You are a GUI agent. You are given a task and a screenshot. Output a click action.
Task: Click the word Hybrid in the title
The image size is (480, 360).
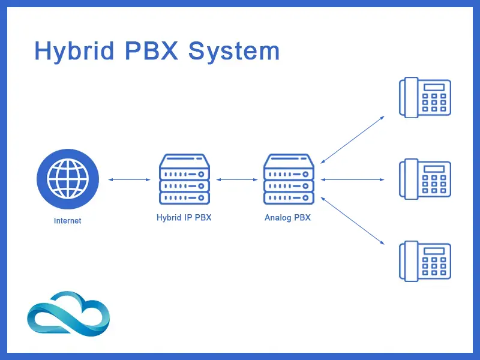point(74,52)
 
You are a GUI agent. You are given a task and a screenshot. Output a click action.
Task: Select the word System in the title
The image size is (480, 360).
point(234,52)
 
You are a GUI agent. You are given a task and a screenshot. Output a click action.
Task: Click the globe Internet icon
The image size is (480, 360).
point(67,179)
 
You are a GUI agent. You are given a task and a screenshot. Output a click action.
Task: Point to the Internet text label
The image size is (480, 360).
point(67,221)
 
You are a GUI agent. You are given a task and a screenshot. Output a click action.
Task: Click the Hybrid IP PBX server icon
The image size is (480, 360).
point(184,179)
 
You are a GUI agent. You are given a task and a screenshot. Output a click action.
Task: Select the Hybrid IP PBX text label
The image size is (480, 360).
point(184,218)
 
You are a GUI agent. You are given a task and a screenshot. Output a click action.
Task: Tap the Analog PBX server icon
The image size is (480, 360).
point(289,179)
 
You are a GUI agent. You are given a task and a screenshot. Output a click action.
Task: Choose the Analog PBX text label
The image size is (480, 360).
point(288,218)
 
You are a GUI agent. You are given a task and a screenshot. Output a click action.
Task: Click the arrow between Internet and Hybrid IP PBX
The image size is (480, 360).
point(130,179)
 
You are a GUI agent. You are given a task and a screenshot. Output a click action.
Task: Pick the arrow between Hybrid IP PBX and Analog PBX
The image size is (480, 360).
point(236,179)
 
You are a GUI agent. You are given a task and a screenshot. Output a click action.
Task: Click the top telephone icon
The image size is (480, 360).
point(425,97)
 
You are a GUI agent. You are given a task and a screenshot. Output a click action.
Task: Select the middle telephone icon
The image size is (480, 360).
point(425,178)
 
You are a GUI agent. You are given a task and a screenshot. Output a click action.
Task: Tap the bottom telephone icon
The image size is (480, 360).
point(425,260)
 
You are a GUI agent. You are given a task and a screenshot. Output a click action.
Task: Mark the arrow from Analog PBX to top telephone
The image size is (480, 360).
point(352,140)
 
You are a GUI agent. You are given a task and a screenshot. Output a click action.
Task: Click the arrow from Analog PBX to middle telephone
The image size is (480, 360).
point(352,179)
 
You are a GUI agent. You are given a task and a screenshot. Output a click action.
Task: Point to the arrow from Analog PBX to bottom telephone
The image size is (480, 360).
point(352,220)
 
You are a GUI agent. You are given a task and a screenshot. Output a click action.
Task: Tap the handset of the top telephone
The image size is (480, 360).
point(410,97)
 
